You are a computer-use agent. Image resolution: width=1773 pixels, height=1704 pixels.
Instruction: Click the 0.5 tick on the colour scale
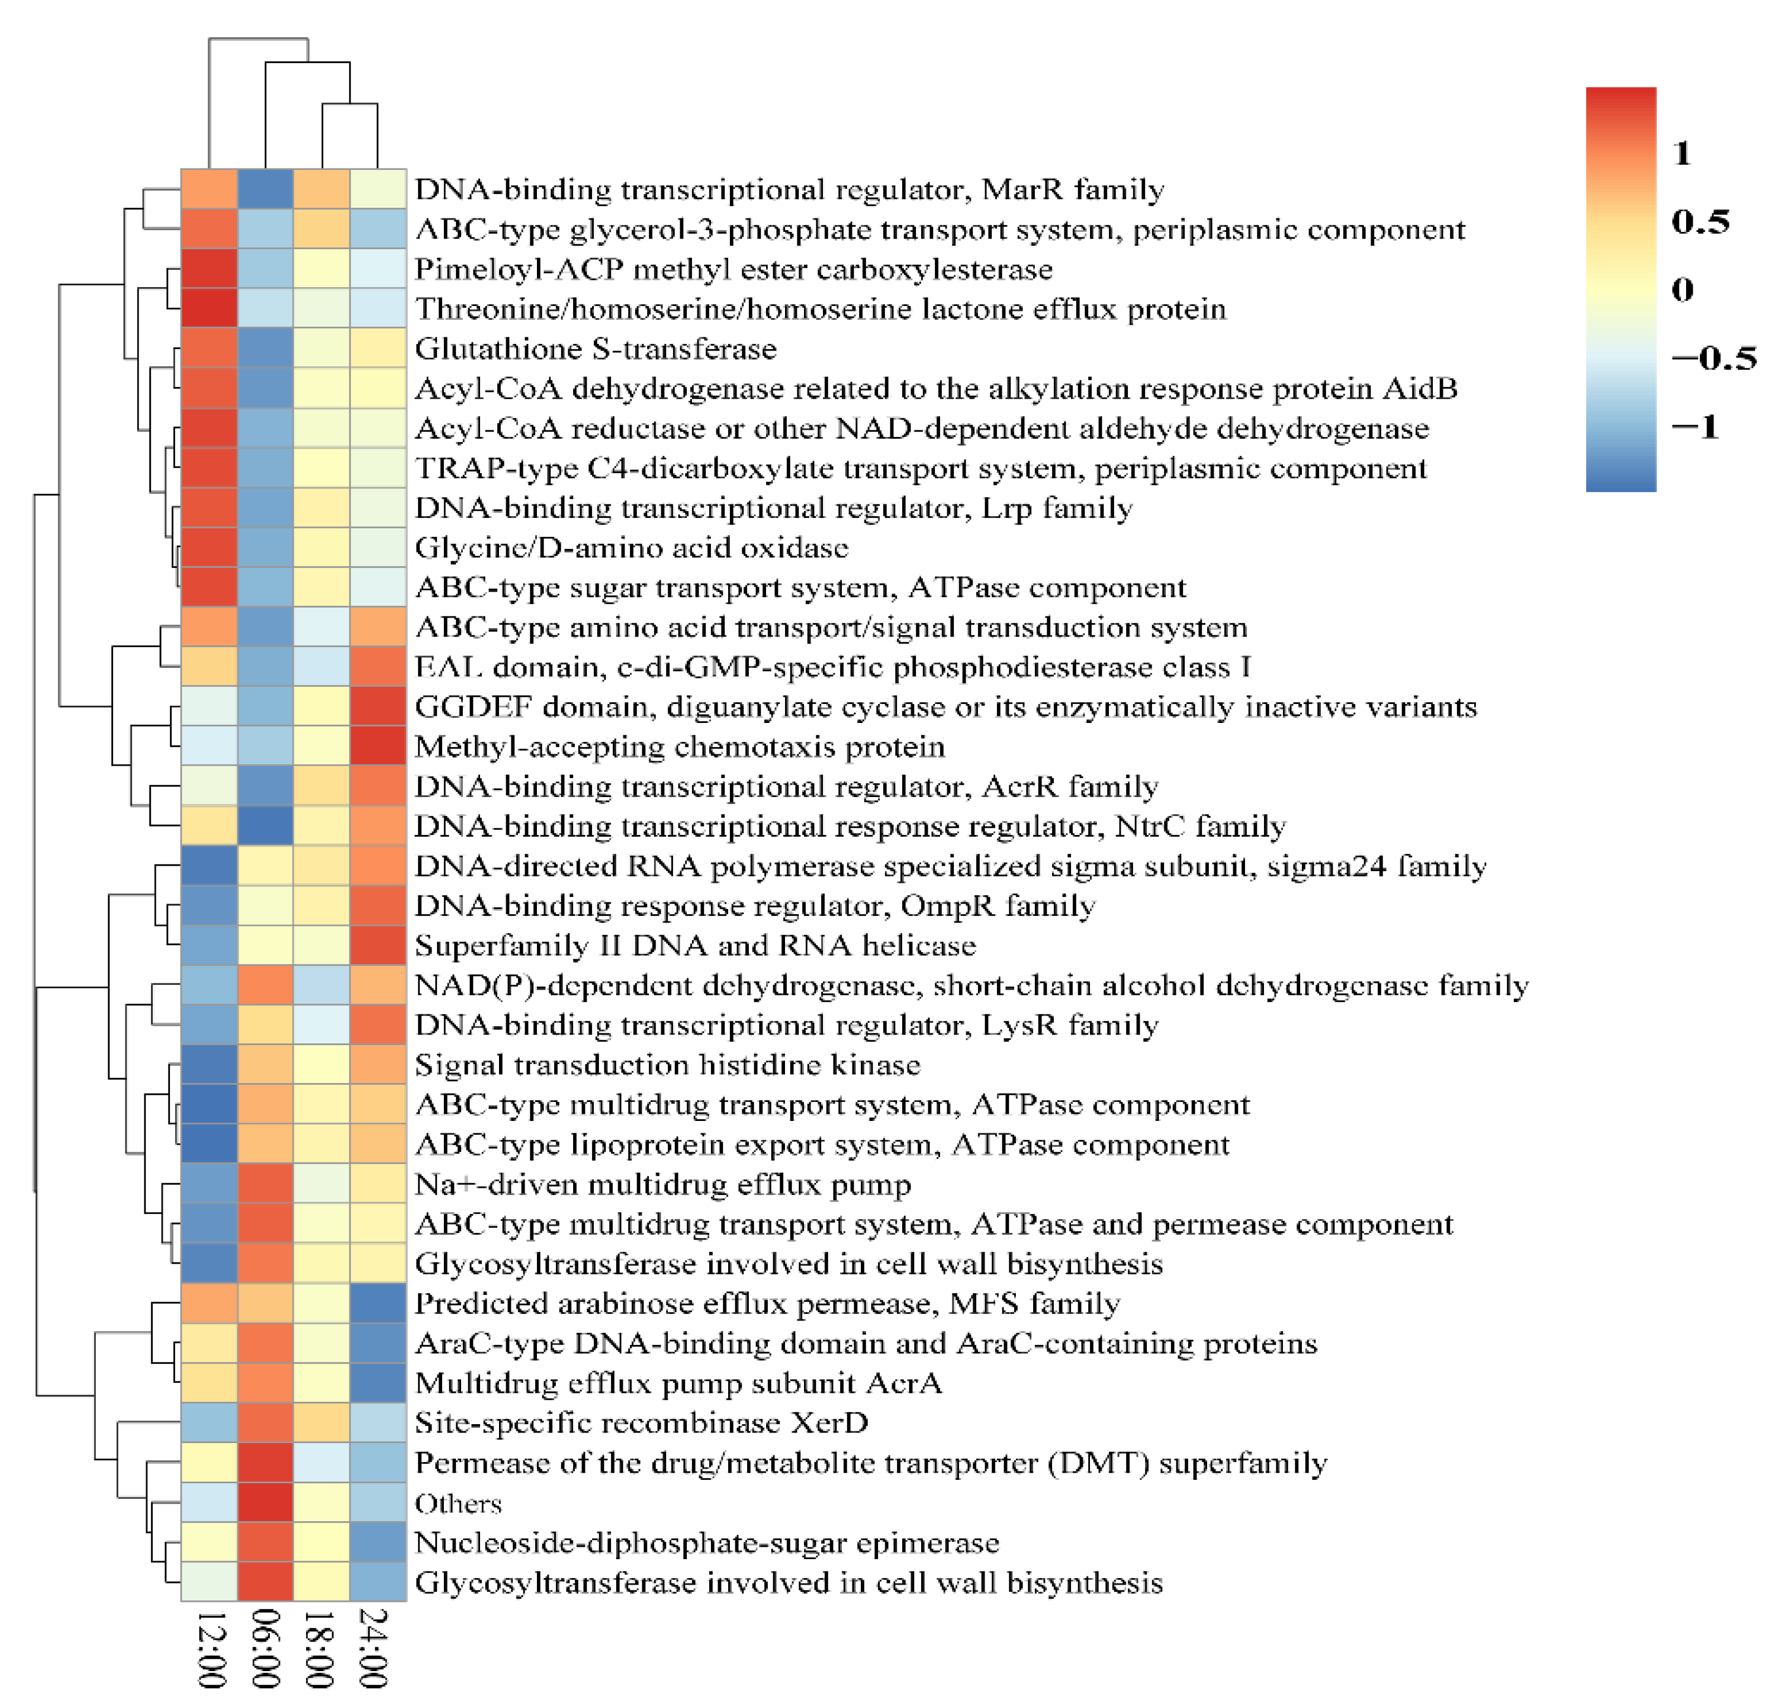point(1701,222)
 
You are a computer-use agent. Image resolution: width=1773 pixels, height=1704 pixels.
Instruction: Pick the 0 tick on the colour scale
point(1683,289)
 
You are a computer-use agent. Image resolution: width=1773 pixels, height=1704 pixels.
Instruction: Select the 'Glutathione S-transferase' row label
point(595,349)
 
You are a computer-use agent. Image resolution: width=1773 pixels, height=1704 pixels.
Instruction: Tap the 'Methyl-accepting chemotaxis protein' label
point(679,747)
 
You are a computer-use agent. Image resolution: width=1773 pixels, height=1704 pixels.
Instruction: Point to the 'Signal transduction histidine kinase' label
point(667,1065)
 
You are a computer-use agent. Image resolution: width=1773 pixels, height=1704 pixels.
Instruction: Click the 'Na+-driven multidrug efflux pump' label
point(663,1185)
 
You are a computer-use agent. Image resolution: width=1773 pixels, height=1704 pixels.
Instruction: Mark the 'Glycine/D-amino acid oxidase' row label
point(631,548)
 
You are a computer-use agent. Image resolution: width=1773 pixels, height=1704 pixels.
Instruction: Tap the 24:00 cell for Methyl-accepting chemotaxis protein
point(378,746)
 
